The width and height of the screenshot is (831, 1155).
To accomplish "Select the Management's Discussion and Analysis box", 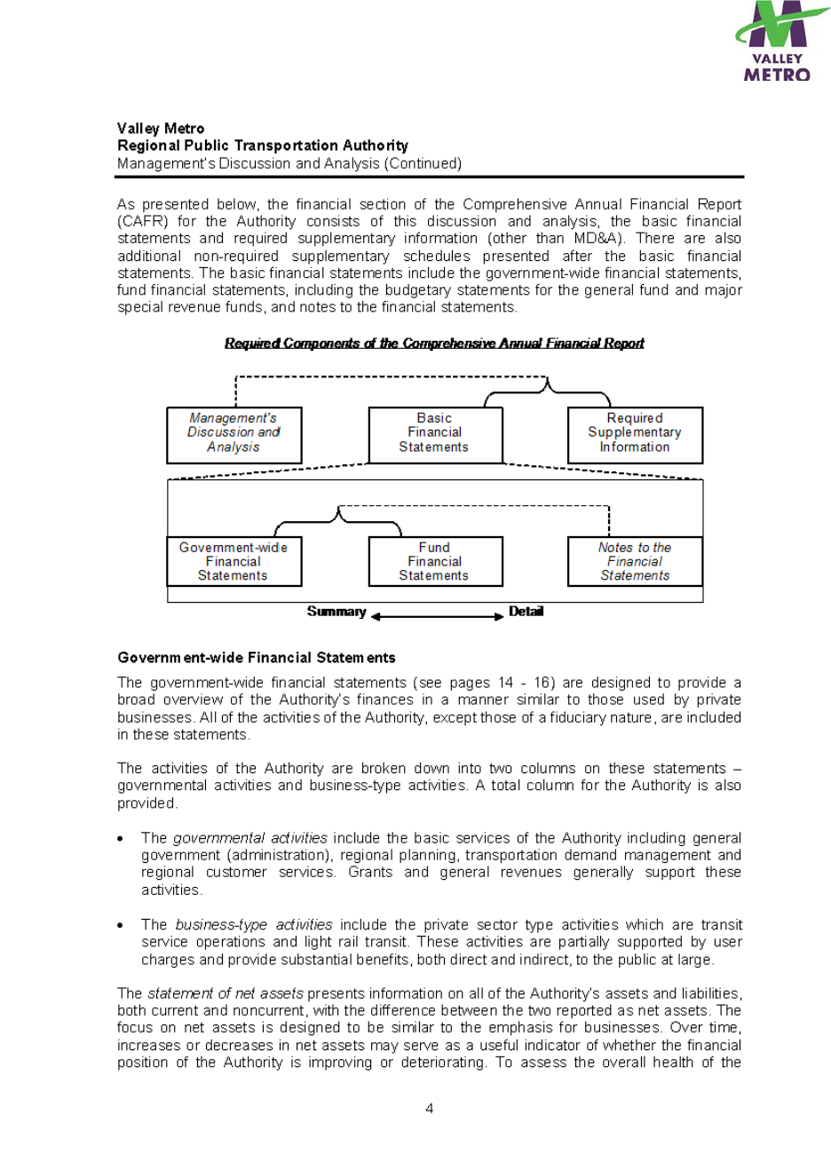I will [x=233, y=434].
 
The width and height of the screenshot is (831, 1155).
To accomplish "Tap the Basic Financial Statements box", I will [x=434, y=434].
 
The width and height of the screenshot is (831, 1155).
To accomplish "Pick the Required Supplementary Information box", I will [x=634, y=434].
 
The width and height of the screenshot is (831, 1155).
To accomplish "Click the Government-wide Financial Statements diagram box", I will [x=233, y=562].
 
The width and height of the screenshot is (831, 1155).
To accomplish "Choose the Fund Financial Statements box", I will [x=434, y=562].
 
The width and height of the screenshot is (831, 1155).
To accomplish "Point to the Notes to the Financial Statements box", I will [x=634, y=562].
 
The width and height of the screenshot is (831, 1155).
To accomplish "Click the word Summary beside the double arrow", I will [x=336, y=612].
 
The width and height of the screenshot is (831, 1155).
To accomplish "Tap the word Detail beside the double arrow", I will [x=526, y=612].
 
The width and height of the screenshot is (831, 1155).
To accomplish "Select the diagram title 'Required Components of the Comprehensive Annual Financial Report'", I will [x=434, y=344].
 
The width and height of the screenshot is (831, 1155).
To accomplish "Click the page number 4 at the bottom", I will [x=430, y=1108].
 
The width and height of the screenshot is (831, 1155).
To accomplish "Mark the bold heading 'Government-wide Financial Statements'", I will [x=257, y=658].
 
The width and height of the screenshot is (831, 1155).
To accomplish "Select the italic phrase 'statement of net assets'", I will [x=225, y=993].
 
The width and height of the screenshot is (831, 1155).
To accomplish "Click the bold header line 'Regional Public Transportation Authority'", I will [x=263, y=146].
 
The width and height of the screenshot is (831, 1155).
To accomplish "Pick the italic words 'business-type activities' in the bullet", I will [x=254, y=925].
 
